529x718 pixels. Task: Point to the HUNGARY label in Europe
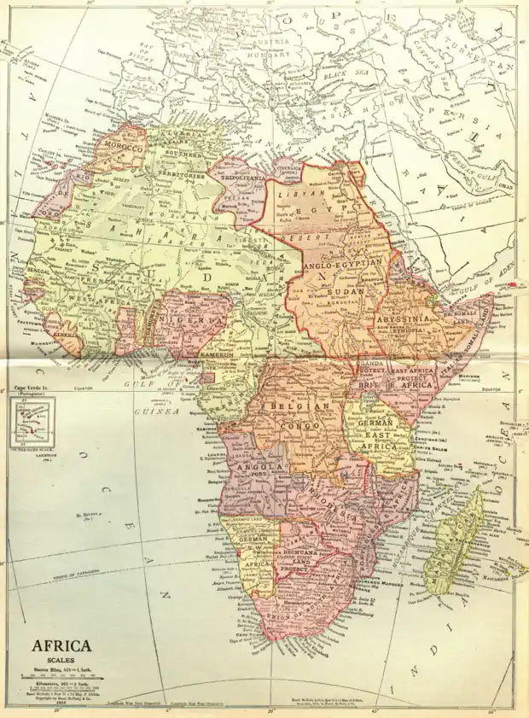[x=277, y=53]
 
